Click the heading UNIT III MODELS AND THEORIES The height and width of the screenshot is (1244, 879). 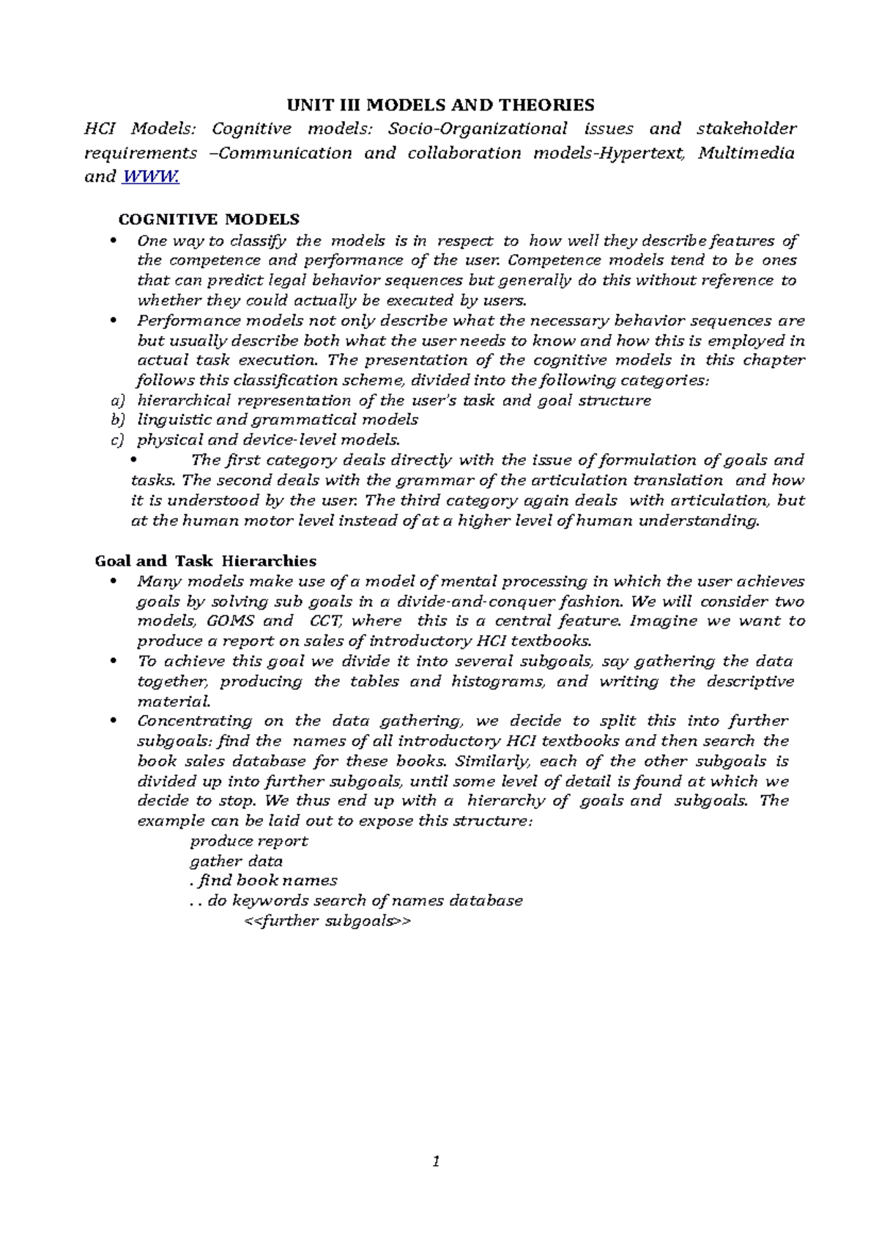coord(440,105)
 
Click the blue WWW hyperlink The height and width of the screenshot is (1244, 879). coord(150,177)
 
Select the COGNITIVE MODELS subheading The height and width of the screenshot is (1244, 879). coord(209,219)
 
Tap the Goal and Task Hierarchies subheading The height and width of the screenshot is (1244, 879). coord(206,561)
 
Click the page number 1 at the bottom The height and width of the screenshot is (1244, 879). coord(436,1161)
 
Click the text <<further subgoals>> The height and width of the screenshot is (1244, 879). coord(327,921)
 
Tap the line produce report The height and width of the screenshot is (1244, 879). coord(248,841)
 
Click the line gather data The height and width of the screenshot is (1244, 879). coord(236,862)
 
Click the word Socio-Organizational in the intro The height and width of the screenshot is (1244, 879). coord(478,129)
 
